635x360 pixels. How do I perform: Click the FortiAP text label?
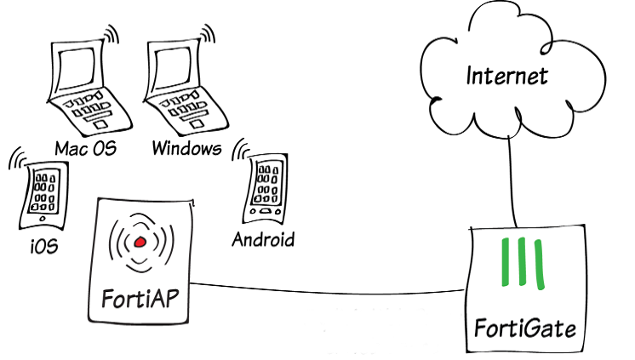point(140,300)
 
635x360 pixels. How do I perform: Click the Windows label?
point(186,149)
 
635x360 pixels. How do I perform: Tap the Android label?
point(263,239)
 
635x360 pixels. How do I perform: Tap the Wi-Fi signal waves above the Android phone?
point(244,150)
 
